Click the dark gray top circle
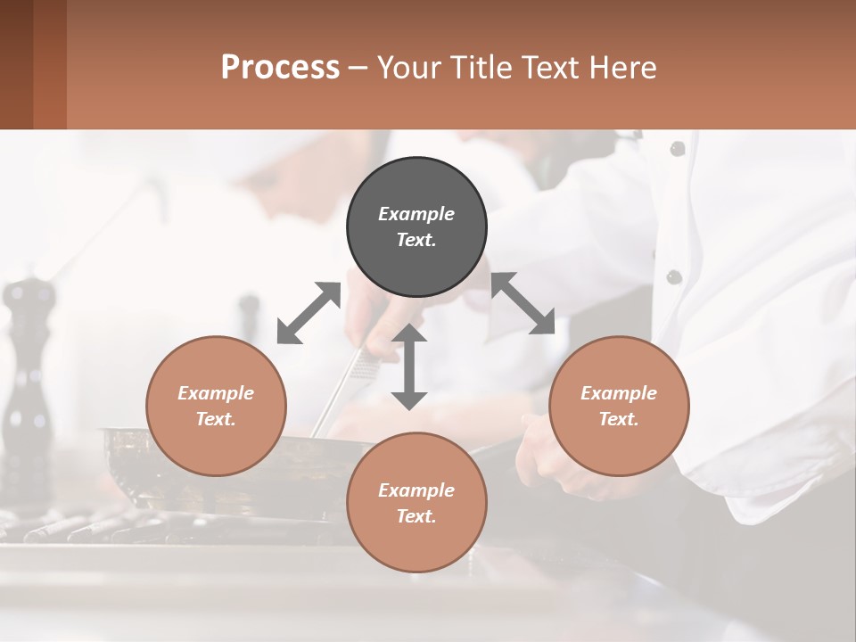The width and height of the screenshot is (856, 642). pos(416,227)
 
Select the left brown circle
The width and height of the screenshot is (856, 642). pos(216,406)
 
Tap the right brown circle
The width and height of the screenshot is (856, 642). pos(619,406)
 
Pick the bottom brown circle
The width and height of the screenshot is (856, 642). pos(416,503)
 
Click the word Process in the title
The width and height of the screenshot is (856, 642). pos(280,68)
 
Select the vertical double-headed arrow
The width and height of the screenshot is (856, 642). pos(409,366)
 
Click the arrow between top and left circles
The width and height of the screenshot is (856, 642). pos(309,313)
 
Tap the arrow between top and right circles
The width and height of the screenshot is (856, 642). pos(523,303)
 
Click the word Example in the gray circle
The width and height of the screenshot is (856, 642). pos(416,214)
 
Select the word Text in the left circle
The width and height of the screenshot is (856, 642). pos(216,419)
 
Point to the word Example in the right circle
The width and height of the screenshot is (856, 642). pos(619,393)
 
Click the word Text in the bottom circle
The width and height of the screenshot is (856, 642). pos(416,516)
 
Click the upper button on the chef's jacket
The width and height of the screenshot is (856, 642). pos(678,149)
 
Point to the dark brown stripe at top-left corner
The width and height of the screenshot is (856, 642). pos(16,64)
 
